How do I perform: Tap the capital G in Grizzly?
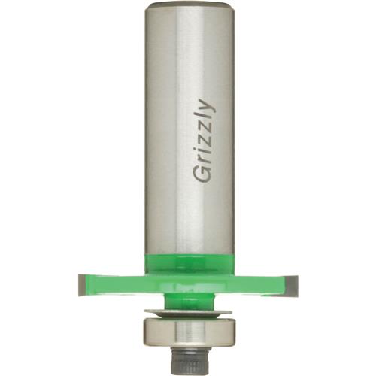(x=202, y=174)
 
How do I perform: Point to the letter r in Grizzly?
(x=204, y=159)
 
